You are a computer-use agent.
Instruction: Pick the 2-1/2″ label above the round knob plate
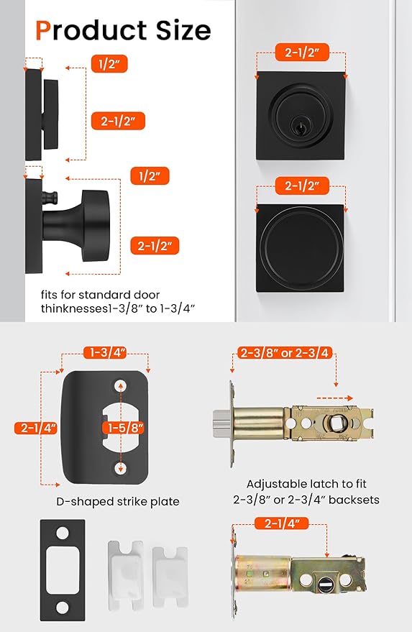302,186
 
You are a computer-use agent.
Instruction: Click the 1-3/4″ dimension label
106,352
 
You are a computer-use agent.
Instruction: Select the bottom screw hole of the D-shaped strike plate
120,468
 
